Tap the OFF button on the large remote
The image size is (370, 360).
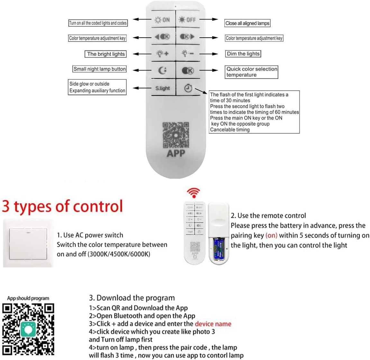[x=187, y=20]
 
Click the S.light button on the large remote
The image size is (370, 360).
[x=163, y=88]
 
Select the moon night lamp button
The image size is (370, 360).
[x=163, y=70]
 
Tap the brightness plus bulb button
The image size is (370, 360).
[x=162, y=54]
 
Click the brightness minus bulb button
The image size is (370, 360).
[x=187, y=54]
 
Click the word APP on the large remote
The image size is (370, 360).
[x=176, y=154]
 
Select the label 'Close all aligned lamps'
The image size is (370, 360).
[x=247, y=23]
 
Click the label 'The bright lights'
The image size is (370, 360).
[x=106, y=54]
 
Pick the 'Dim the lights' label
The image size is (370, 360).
[x=243, y=54]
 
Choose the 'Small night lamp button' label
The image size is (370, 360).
[x=99, y=69]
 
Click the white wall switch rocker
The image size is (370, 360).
[x=28, y=243]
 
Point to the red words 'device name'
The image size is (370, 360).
[x=213, y=324]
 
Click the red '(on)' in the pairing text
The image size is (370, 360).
[x=271, y=235]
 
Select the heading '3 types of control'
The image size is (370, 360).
[x=62, y=206]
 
